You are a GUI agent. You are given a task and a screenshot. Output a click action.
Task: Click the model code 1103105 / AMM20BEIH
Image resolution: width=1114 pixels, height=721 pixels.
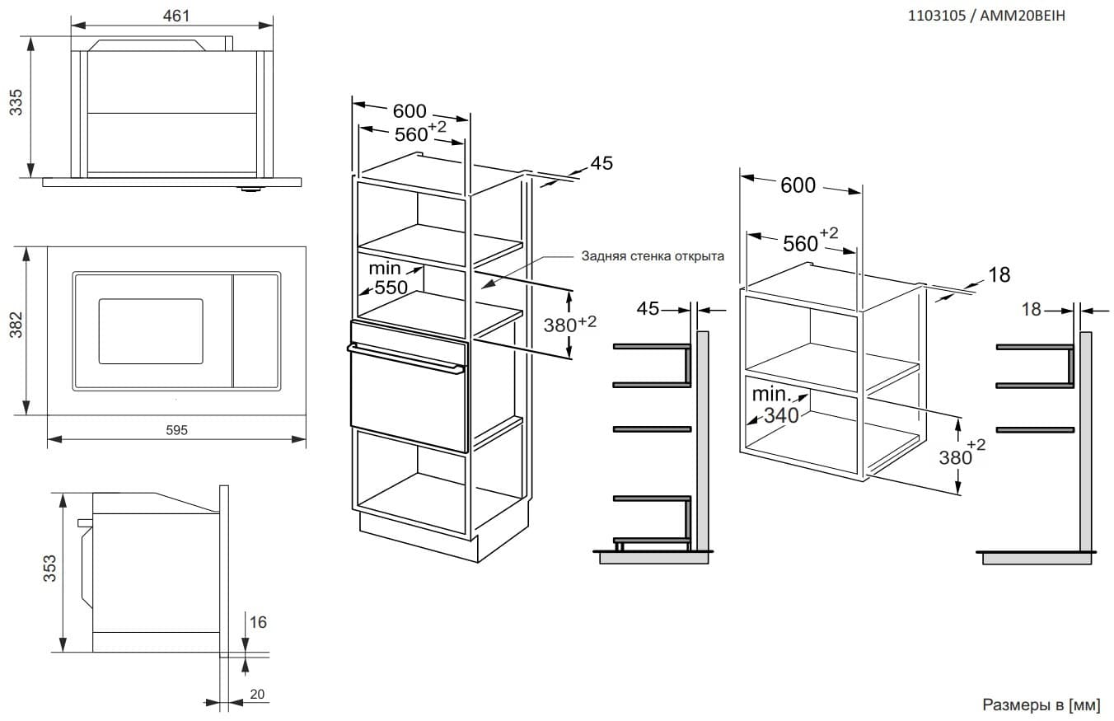985,16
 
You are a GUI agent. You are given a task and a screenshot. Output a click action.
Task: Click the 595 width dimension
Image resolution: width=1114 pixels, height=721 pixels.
177,430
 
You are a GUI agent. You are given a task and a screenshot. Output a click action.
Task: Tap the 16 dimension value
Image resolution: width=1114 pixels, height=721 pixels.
258,622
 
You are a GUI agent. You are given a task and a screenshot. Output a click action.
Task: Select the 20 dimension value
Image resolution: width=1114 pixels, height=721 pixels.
257,695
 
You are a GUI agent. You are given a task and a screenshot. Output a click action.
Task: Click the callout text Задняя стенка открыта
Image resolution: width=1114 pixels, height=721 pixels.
652,255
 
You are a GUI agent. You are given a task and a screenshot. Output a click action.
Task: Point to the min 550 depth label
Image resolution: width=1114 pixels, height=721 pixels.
387,279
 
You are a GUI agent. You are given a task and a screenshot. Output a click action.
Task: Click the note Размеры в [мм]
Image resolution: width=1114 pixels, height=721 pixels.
1041,705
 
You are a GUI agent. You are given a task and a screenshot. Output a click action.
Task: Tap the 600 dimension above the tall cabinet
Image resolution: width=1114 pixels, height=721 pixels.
410,112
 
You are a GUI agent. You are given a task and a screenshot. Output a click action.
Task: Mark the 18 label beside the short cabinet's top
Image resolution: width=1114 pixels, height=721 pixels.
999,274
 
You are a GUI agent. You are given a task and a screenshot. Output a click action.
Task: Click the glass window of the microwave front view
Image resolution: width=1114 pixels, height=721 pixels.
151,330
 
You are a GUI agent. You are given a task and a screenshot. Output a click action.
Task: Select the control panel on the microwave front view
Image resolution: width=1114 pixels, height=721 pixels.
255,330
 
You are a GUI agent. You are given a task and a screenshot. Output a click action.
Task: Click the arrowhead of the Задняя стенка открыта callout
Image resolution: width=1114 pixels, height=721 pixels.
485,286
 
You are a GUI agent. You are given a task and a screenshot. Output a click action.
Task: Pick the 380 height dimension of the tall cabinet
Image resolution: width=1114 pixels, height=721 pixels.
564,325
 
